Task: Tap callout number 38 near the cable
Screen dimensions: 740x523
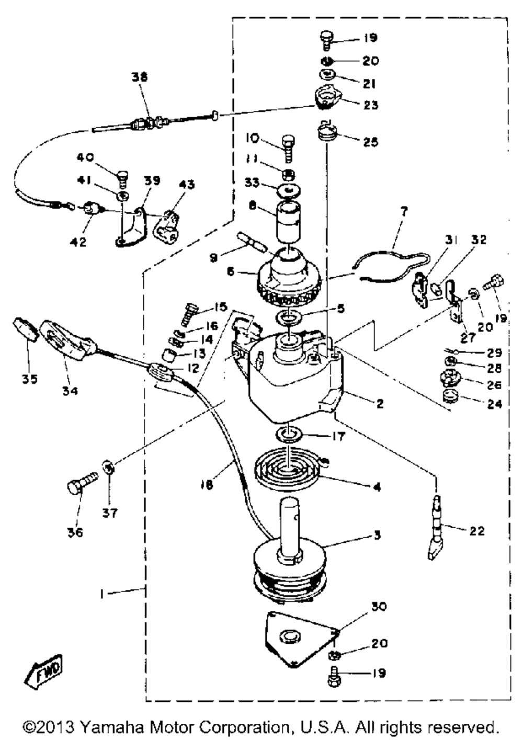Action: pyautogui.click(x=140, y=77)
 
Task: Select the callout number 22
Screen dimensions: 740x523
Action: pyautogui.click(x=476, y=531)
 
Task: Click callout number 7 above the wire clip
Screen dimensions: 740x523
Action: pyautogui.click(x=404, y=212)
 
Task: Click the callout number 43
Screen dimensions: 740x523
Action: pyautogui.click(x=187, y=185)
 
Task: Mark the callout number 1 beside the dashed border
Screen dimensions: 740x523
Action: pyautogui.click(x=103, y=595)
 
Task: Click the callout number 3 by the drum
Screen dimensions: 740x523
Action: pyautogui.click(x=377, y=535)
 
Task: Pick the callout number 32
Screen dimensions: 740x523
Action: pyautogui.click(x=479, y=240)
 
